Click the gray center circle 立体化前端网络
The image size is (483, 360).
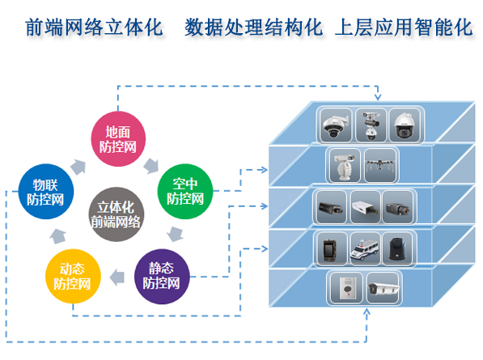click(x=116, y=211)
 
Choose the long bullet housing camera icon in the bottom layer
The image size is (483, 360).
click(x=382, y=287)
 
